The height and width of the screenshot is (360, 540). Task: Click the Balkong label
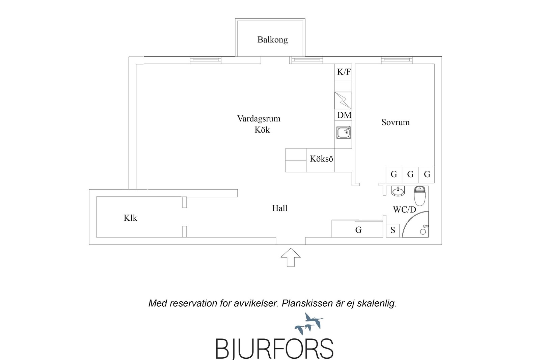point(272,40)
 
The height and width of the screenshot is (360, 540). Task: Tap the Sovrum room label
point(395,122)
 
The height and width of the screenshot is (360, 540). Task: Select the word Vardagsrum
point(259,119)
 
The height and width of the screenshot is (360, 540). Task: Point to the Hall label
point(280,208)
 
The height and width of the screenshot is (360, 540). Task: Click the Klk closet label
point(130,218)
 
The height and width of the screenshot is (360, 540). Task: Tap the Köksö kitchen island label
point(321,159)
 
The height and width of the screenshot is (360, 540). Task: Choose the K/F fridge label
point(344,72)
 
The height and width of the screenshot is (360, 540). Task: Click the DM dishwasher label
point(344,115)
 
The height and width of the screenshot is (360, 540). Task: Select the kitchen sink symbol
point(344,133)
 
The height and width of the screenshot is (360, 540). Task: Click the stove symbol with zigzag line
point(343,101)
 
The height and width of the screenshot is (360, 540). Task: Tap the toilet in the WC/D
point(420,196)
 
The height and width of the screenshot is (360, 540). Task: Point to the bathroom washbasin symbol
point(398,191)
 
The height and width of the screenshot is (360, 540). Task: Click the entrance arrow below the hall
point(291,257)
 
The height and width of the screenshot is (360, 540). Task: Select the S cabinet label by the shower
point(393,230)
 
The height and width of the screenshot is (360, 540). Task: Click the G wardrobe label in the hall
point(358,230)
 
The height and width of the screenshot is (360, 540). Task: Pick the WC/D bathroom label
point(405,210)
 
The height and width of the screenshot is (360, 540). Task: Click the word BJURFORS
point(274,349)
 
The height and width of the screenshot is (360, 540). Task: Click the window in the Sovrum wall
point(397,60)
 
